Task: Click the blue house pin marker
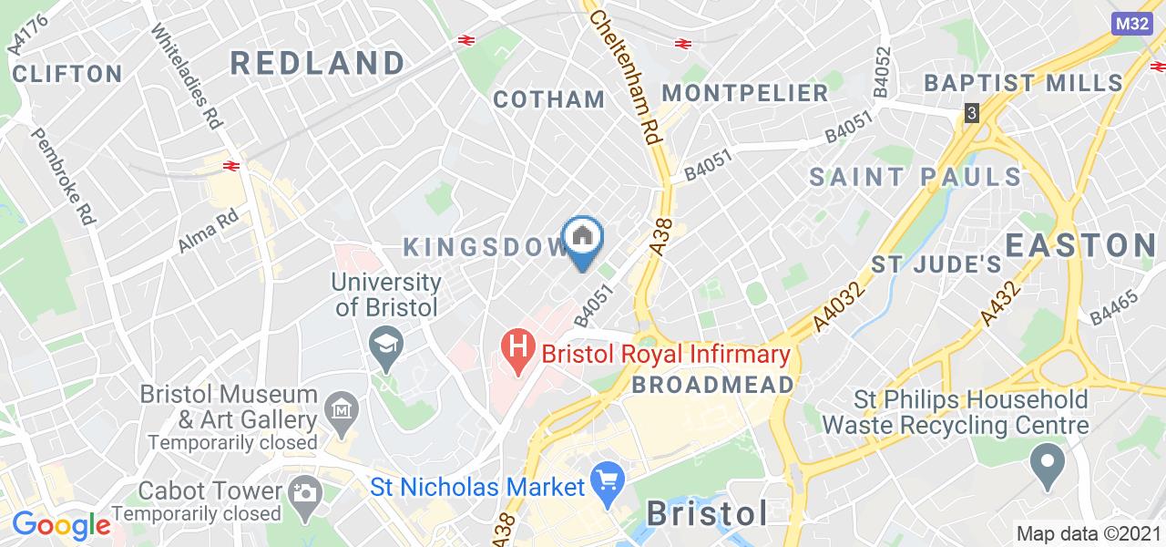coord(583,239)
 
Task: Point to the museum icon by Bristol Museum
coord(342,408)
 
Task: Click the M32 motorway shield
coord(1133,24)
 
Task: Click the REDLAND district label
coord(317,63)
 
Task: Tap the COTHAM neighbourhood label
coord(549,98)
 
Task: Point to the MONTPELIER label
coord(745,92)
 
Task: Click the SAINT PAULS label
coord(915,176)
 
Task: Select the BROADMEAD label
coord(712,384)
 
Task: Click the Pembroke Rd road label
coord(65,176)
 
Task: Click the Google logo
coord(61,524)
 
